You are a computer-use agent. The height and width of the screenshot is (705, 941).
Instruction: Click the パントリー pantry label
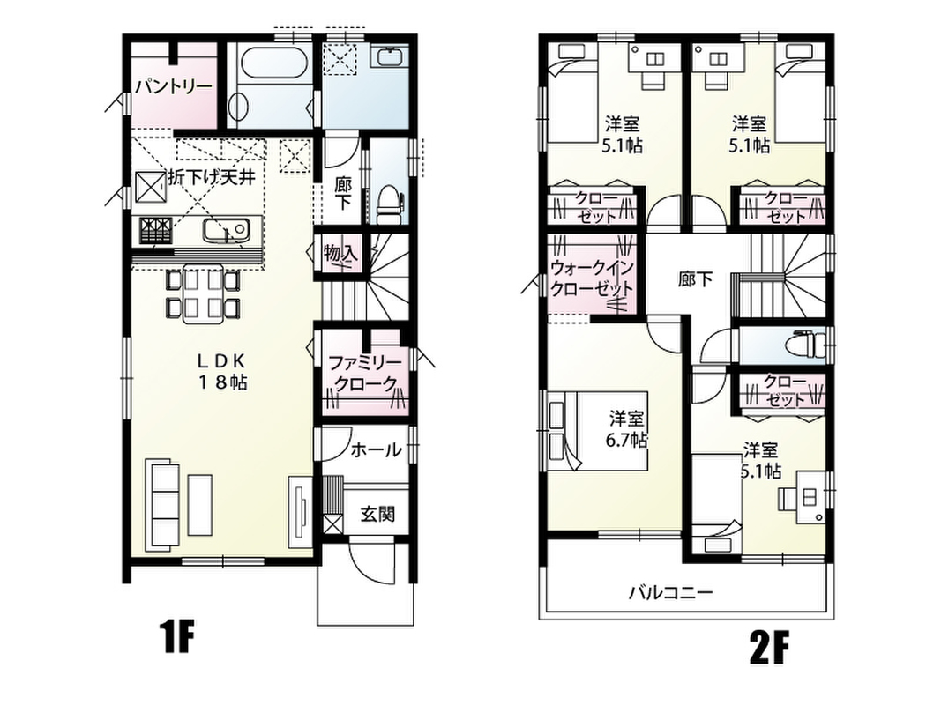pyautogui.click(x=174, y=87)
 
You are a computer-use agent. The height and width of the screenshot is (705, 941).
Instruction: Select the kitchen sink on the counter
pyautogui.click(x=226, y=229)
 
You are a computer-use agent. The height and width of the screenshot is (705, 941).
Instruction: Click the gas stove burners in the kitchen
pyautogui.click(x=156, y=230)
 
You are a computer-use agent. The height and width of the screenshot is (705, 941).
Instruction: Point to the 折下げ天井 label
pyautogui.click(x=212, y=177)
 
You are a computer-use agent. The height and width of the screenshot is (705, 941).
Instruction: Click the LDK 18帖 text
pyautogui.click(x=222, y=372)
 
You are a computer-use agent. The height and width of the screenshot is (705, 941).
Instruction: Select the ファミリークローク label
pyautogui.click(x=365, y=373)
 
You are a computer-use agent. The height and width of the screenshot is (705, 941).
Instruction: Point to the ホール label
pyautogui.click(x=376, y=449)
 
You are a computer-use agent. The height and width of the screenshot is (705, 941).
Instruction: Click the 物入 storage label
pyautogui.click(x=341, y=253)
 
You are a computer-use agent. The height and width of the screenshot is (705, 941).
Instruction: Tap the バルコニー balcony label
pyautogui.click(x=671, y=593)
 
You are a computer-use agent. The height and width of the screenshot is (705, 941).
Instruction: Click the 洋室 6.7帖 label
pyautogui.click(x=627, y=429)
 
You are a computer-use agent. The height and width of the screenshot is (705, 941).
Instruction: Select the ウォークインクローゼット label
pyautogui.click(x=592, y=277)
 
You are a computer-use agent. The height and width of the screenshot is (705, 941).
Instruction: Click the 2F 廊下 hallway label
pyautogui.click(x=696, y=279)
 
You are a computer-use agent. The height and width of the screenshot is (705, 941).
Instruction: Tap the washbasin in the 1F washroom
pyautogui.click(x=392, y=57)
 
